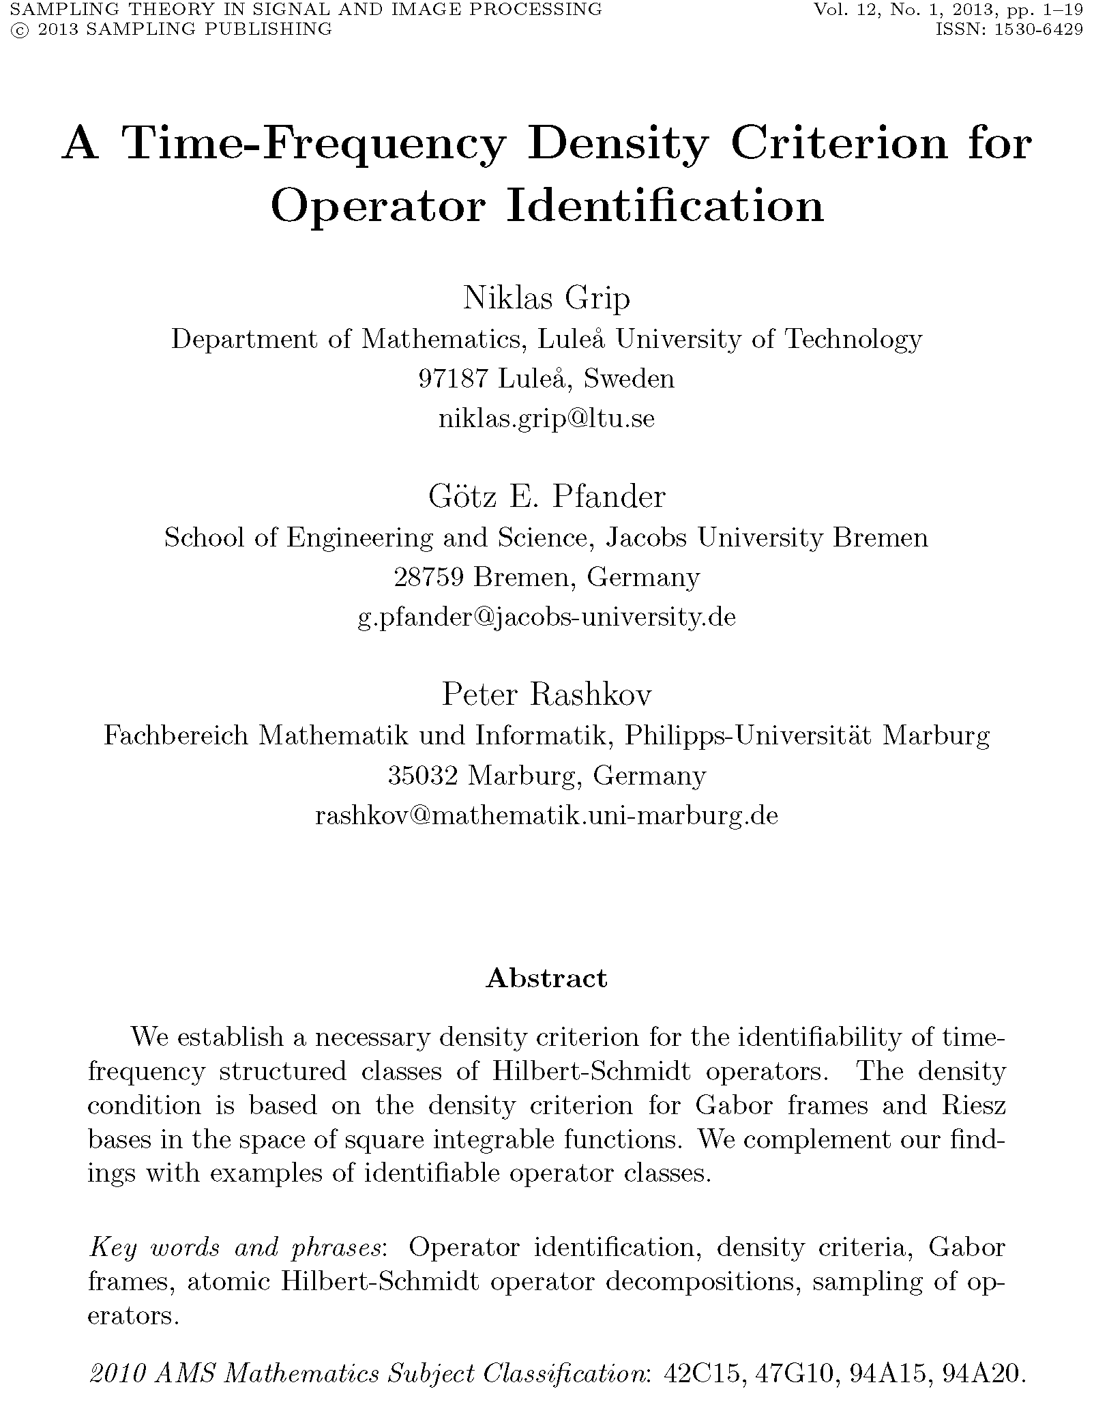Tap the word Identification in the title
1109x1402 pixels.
(x=665, y=206)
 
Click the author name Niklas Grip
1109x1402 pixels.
(x=546, y=298)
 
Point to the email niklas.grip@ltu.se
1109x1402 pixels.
(x=546, y=418)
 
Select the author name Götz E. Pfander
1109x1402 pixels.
(x=546, y=497)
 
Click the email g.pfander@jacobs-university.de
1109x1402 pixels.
(x=546, y=617)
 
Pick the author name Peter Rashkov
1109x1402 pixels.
(x=546, y=695)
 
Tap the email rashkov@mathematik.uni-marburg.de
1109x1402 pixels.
(x=546, y=815)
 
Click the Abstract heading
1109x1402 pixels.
(x=546, y=978)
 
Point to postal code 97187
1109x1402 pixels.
(x=451, y=379)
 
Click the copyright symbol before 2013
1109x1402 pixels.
(x=13, y=29)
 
